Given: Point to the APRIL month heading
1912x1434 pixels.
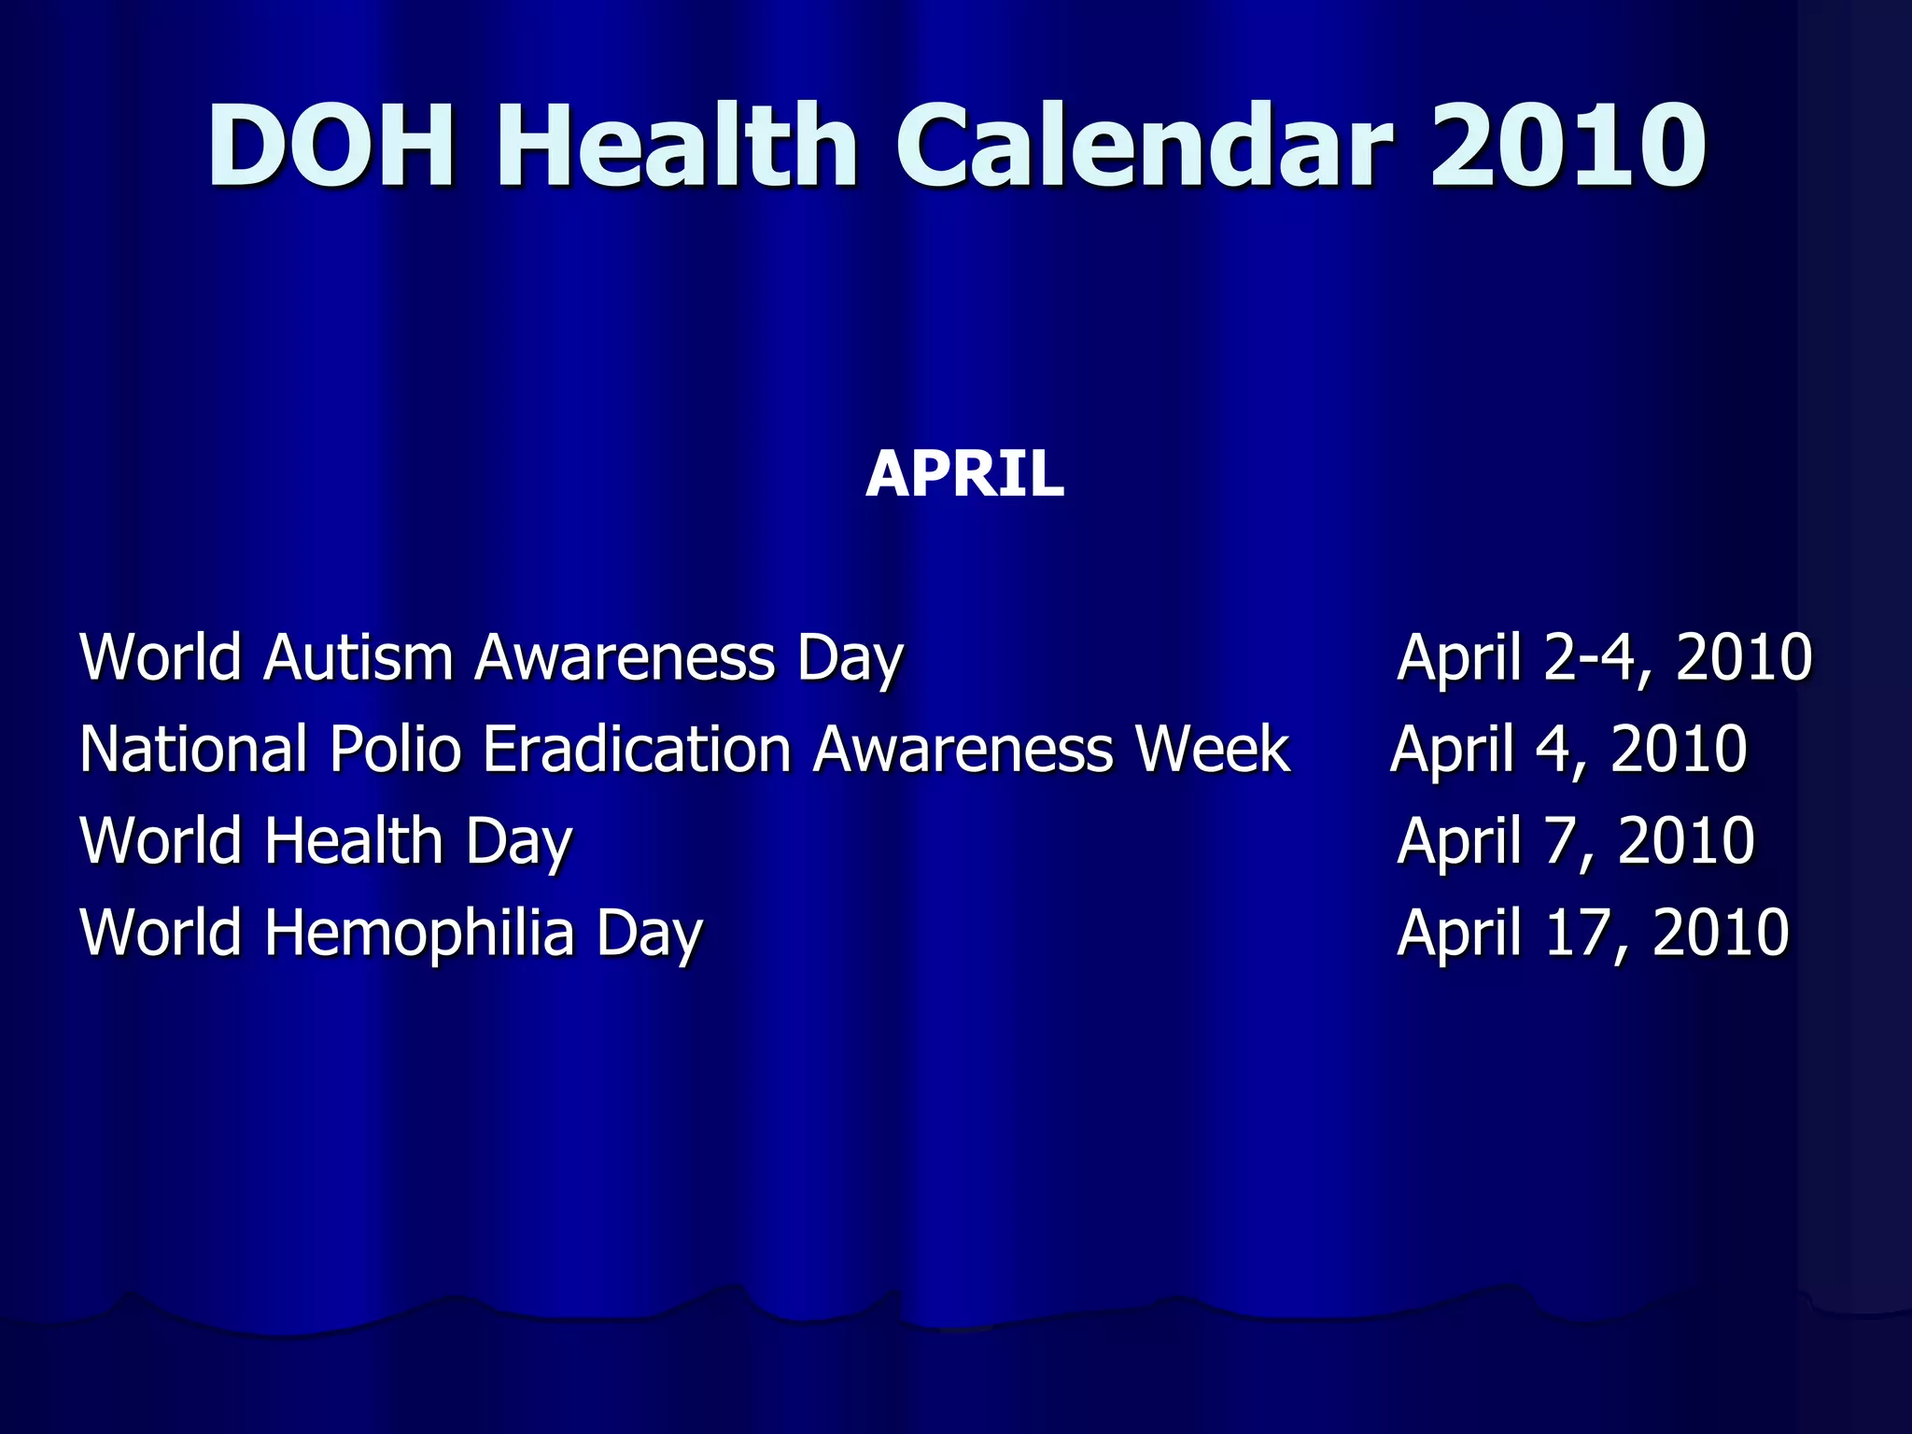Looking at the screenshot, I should (964, 474).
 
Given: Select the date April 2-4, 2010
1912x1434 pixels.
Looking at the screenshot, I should (1604, 657).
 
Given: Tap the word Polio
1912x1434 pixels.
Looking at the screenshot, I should (396, 749).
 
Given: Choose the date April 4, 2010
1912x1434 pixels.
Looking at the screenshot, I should (1568, 750).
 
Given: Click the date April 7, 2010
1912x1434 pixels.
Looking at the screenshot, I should (1575, 840).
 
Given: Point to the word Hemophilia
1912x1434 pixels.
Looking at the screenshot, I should (419, 933).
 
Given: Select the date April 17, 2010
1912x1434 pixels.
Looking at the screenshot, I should (1593, 933).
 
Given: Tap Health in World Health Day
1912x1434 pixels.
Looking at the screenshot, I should (354, 840).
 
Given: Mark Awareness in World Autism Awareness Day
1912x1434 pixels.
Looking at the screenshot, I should (625, 656).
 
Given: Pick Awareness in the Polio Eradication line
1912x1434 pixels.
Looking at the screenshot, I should (963, 749).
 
